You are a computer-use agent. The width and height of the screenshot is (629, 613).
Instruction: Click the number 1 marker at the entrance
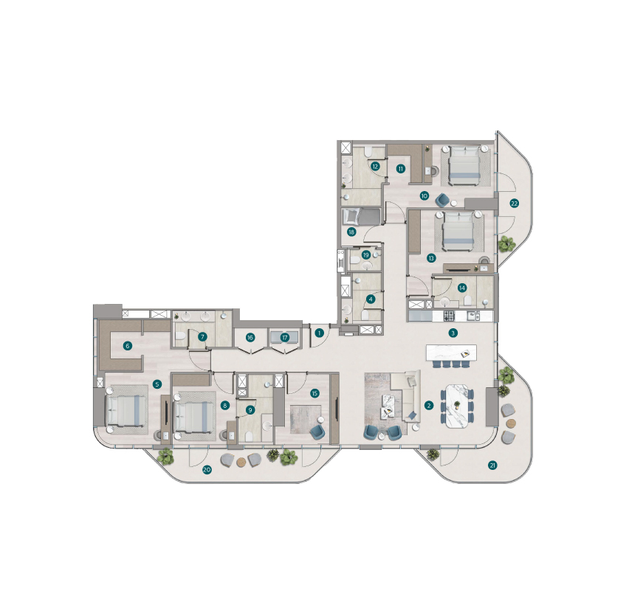tap(320, 333)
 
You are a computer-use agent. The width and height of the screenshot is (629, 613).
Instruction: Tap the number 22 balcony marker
tap(514, 204)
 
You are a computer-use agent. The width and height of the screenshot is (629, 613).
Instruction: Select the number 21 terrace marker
tap(492, 465)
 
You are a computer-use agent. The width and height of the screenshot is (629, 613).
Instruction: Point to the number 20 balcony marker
tap(207, 470)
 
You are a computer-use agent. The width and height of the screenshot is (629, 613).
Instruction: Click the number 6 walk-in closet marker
tap(128, 345)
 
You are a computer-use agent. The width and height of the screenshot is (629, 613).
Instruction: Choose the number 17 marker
tap(285, 338)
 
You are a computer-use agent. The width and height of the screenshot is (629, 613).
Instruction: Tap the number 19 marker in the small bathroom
tap(366, 255)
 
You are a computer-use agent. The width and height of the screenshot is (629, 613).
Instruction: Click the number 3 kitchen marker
tap(453, 333)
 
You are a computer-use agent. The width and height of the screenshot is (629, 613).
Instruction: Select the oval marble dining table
tap(457, 406)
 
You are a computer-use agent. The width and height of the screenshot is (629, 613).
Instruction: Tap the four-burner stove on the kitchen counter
tap(449, 316)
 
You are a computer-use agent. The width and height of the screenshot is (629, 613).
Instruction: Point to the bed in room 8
tap(193, 417)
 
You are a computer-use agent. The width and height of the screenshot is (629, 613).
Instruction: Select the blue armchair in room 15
tap(318, 432)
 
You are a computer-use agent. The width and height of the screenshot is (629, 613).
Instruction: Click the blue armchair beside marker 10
tap(443, 199)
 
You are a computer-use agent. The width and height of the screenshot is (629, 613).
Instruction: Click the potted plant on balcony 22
tap(506, 243)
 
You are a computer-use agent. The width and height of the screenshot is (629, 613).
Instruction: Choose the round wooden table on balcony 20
tap(241, 462)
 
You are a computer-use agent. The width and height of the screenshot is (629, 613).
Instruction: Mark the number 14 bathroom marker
tap(461, 288)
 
